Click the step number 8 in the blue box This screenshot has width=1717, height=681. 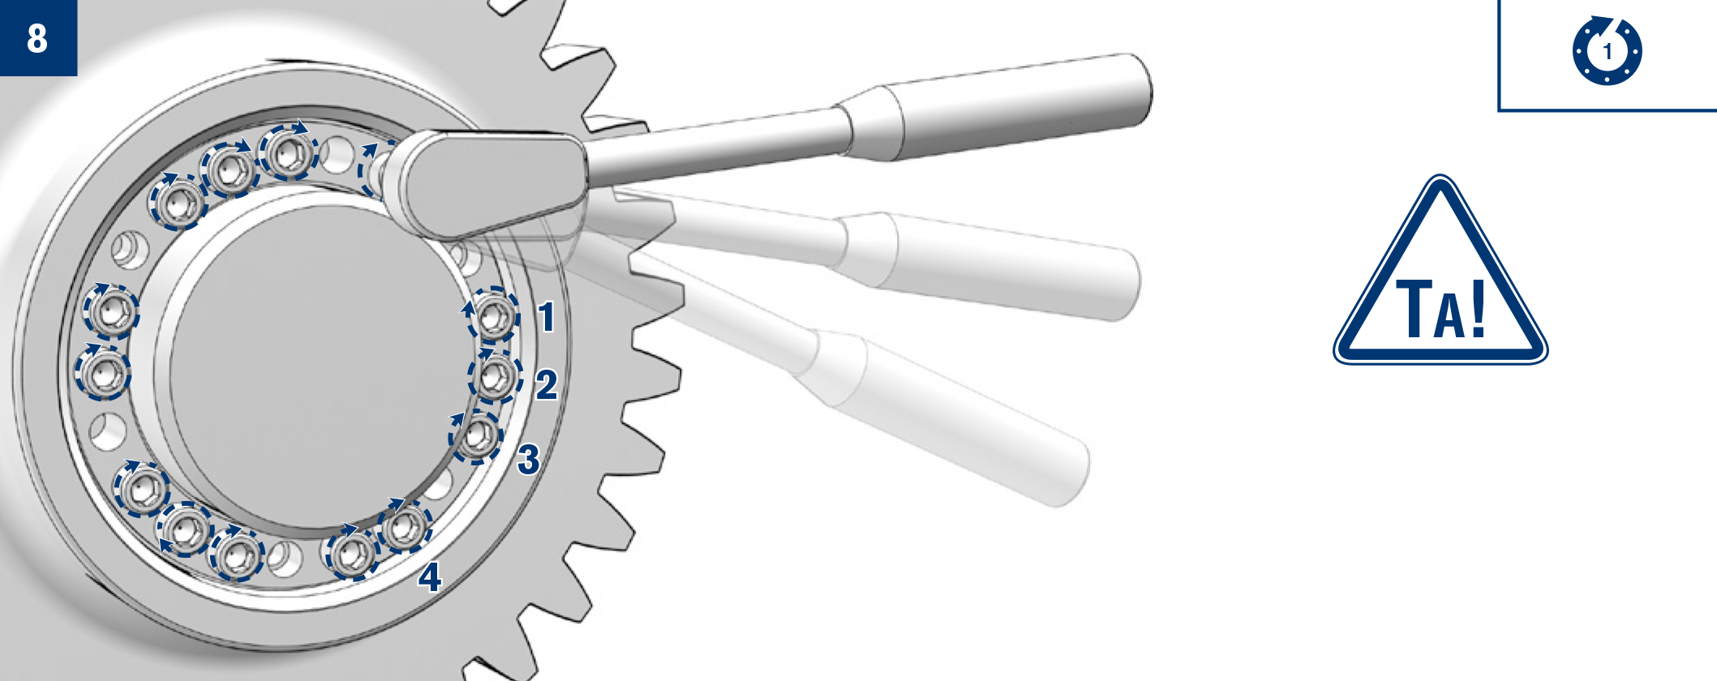coord(37,38)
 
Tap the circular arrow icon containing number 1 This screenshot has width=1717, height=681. coord(1608,50)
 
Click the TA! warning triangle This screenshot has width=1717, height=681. coord(1440,271)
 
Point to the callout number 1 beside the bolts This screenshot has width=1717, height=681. coord(547,316)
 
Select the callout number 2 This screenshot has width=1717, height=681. coord(547,384)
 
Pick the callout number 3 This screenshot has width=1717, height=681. coord(529,459)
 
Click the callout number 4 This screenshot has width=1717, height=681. coord(430,577)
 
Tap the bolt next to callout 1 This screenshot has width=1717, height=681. coord(494,315)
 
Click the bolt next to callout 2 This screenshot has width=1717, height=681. coord(495,377)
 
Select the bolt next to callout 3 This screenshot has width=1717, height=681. coord(476,438)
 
